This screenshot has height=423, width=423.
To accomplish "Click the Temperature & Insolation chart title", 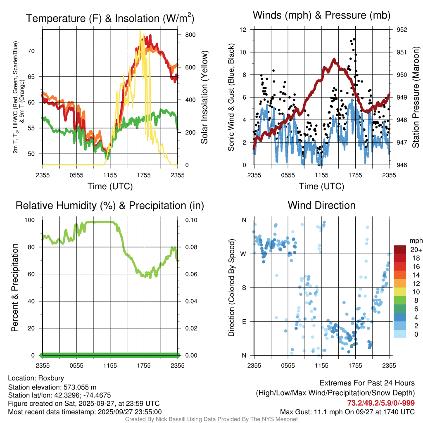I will pos(110,19).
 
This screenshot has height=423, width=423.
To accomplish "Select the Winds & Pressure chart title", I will pos(321,16).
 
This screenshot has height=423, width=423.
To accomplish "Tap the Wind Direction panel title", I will pos(321,205).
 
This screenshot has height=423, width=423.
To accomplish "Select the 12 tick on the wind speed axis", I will pos(244,30).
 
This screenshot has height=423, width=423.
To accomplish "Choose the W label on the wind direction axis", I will pos(244,254).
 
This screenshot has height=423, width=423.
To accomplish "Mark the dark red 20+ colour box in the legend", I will pos(400,250).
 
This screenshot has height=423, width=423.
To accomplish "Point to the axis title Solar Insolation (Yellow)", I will pos(204,97).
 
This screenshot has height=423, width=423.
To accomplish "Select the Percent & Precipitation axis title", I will pos(15,288).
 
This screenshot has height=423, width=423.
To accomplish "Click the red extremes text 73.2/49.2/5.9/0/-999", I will pos(381,403).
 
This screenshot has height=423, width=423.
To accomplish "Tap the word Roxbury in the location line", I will pos(51,378).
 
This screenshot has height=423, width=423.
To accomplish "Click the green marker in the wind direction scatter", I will pos(352,345).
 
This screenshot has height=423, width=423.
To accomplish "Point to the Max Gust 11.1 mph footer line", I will pos(347,411).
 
